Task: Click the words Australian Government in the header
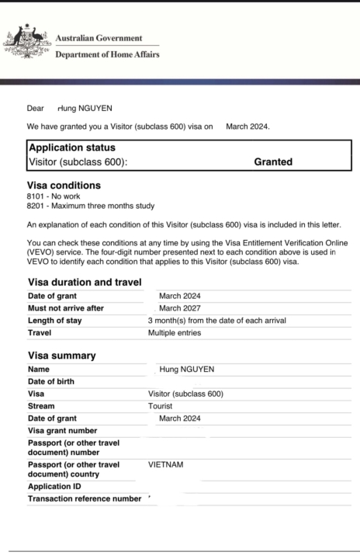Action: pyautogui.click(x=99, y=38)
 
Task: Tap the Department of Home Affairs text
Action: pyautogui.click(x=107, y=54)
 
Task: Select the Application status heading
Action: pyautogui.click(x=72, y=148)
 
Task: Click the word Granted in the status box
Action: pyautogui.click(x=273, y=162)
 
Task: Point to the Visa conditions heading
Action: pyautogui.click(x=64, y=186)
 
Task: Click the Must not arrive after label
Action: pyautogui.click(x=66, y=308)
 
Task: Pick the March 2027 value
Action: pyautogui.click(x=180, y=308)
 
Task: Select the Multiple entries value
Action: pyautogui.click(x=175, y=333)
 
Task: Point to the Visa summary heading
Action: pyautogui.click(x=62, y=356)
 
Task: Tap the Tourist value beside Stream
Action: pyautogui.click(x=161, y=406)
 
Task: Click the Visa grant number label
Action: pyautogui.click(x=62, y=431)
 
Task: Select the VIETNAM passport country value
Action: pyautogui.click(x=166, y=465)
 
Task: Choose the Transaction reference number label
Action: pyautogui.click(x=85, y=498)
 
